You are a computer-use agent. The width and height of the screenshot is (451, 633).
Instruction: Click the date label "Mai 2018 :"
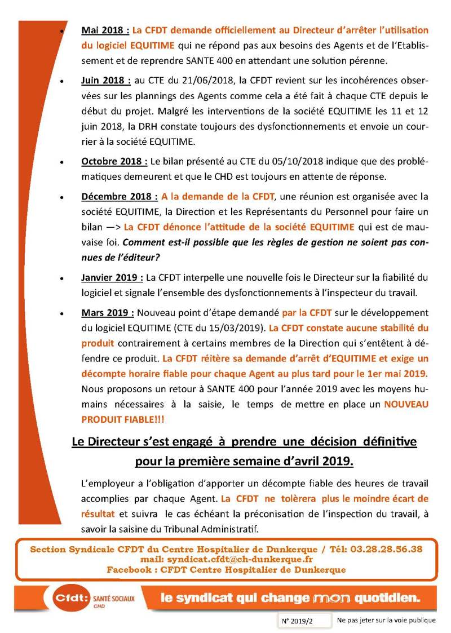[x=105, y=30]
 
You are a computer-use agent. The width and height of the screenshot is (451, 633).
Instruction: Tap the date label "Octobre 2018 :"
[x=114, y=161]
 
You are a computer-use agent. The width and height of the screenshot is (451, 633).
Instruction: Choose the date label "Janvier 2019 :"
[x=112, y=277]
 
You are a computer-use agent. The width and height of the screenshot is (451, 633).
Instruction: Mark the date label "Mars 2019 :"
[x=108, y=313]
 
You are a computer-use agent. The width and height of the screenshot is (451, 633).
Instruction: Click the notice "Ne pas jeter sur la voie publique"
[x=386, y=621]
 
